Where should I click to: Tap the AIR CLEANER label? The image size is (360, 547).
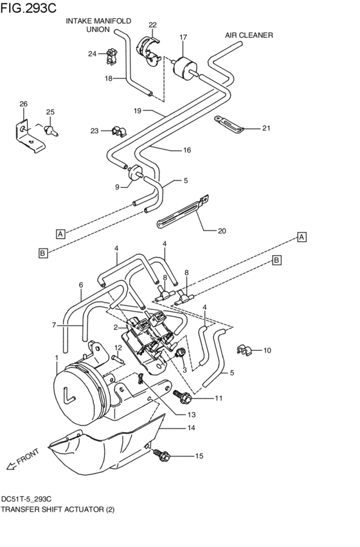point(249,35)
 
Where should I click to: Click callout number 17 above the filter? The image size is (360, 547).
point(183,37)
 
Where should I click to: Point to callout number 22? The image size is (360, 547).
point(152,25)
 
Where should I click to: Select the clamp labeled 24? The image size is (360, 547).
point(110,55)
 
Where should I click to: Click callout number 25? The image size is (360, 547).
point(50,112)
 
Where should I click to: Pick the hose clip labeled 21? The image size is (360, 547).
point(231,124)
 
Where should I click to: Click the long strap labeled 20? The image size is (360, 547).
point(182,212)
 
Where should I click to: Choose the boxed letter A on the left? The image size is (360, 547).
point(60,234)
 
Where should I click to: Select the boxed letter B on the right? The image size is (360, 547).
point(276,260)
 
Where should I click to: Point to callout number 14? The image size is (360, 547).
point(191,427)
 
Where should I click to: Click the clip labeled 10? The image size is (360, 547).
point(243,350)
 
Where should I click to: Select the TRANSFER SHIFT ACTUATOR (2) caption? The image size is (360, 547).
point(58,510)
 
